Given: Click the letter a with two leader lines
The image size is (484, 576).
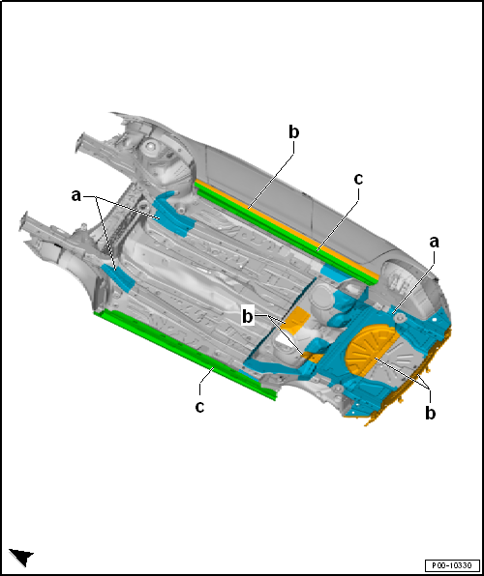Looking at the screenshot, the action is click(x=76, y=196).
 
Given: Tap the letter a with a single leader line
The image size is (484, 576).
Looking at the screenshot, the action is click(x=435, y=243).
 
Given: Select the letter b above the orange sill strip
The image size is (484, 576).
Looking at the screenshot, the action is click(x=293, y=132).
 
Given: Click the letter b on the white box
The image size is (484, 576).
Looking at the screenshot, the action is click(x=248, y=317).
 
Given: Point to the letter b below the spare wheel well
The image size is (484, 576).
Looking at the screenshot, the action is click(x=430, y=413).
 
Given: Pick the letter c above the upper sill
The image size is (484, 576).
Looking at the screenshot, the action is click(x=358, y=179).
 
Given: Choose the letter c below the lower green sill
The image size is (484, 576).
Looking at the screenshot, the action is click(x=199, y=407).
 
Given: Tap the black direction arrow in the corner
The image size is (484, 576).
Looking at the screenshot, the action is click(x=21, y=557).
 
